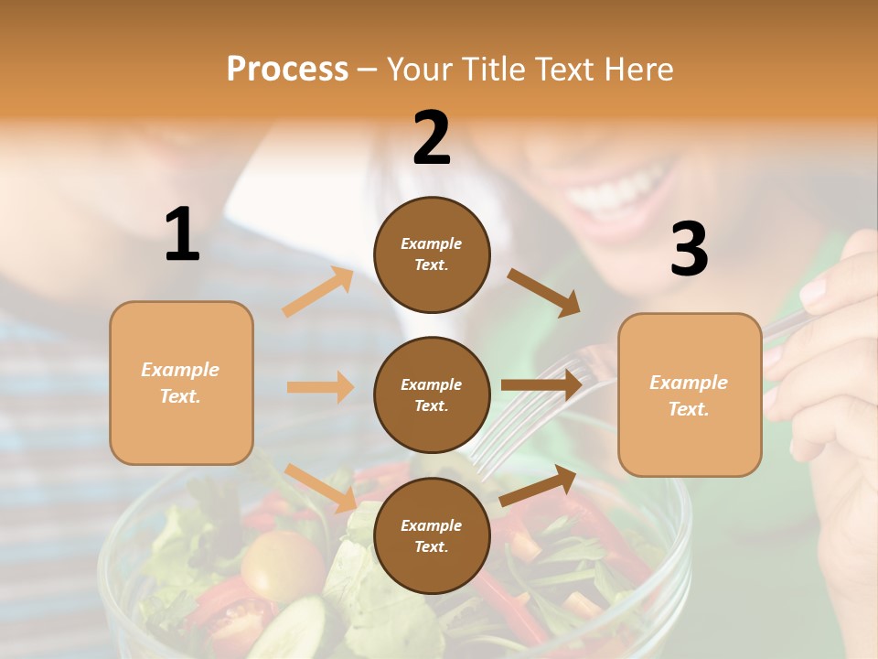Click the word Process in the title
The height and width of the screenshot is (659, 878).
[287, 70]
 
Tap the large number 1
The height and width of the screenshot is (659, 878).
[182, 235]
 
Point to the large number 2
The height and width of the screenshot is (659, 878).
[432, 138]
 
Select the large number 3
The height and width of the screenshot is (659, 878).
[689, 250]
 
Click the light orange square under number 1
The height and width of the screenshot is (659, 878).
[181, 383]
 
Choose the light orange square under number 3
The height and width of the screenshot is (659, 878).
[690, 394]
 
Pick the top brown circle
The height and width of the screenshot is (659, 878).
[432, 254]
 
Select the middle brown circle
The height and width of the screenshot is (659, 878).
[432, 394]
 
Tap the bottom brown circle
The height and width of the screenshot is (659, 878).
[432, 535]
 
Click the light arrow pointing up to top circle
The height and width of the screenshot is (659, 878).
[317, 292]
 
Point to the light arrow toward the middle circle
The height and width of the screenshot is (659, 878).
[320, 387]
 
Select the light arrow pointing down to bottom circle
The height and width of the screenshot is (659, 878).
[320, 487]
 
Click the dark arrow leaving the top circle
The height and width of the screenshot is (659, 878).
[543, 292]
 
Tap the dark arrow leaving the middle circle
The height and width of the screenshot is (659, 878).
[541, 384]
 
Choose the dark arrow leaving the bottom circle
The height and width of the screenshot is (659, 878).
[539, 485]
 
